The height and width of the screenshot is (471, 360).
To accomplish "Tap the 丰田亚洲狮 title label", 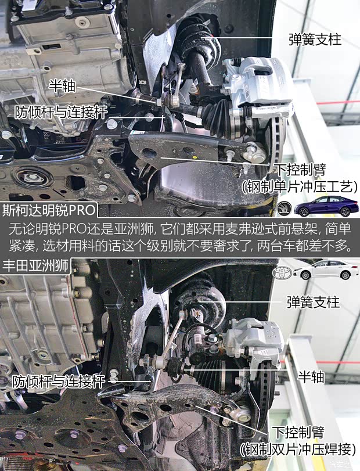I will tap(35, 267).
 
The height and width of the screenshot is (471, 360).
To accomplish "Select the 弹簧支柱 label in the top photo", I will tap(314, 39).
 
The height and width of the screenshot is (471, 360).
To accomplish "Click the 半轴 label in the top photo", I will tap(62, 86).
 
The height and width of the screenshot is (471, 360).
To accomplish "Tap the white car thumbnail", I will tap(325, 270).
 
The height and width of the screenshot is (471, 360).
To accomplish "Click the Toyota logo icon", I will tap(282, 272).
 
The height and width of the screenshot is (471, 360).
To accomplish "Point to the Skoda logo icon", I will tap(285, 207).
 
